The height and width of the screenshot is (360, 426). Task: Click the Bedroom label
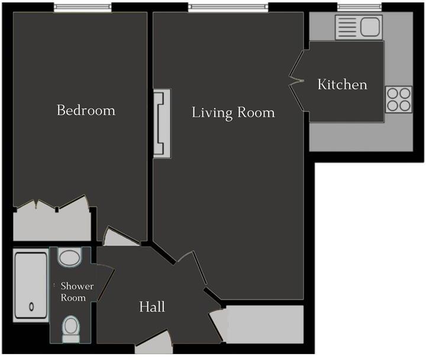pos(86,110)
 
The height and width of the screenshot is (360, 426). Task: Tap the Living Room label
pos(233,112)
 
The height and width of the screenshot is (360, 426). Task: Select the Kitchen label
pos(343,85)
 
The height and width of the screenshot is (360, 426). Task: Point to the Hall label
pos(152,307)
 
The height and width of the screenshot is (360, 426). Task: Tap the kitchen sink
pos(359,27)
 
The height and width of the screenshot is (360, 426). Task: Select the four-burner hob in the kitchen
pos(399,99)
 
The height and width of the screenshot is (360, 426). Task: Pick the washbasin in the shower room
pos(70,258)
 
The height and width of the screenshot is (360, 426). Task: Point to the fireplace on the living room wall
pos(162,123)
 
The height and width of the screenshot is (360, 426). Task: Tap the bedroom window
pos(82,8)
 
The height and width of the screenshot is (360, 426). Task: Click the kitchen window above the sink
pos(359,8)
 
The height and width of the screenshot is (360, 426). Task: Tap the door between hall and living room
pos(190,264)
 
